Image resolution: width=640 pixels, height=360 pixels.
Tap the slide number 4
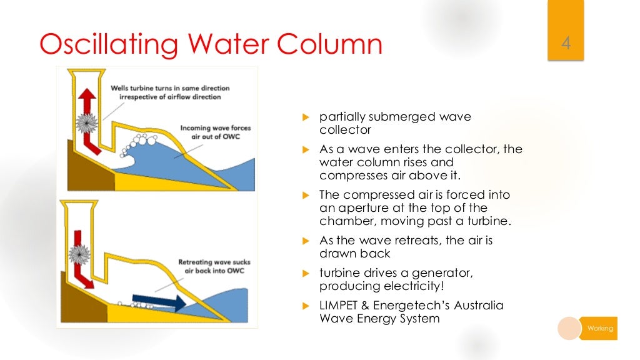566,45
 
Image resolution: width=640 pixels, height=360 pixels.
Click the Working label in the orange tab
600,328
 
